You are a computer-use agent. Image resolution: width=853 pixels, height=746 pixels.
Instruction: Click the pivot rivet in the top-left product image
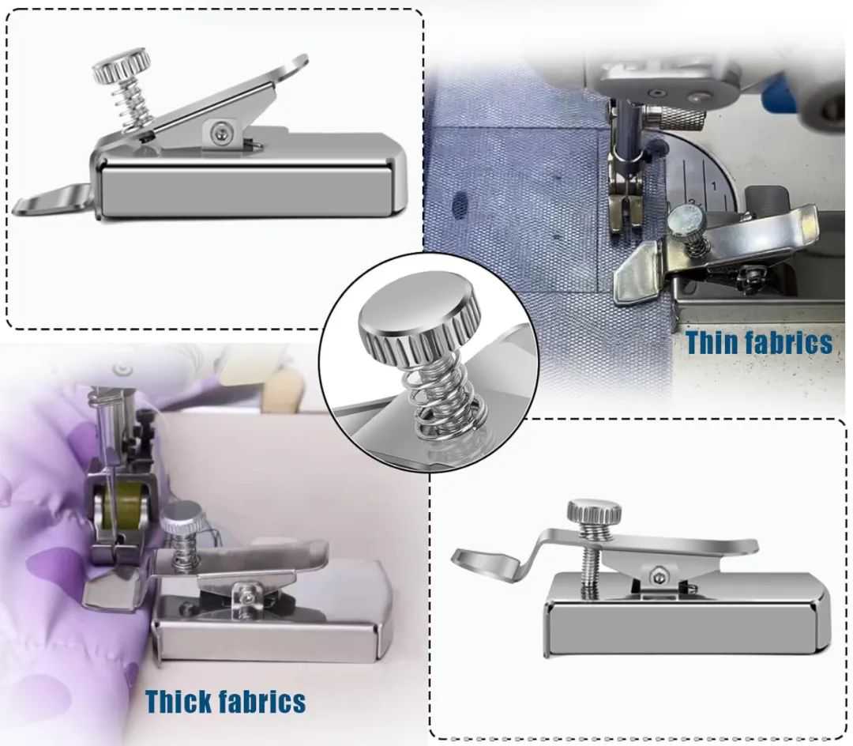click(220, 130)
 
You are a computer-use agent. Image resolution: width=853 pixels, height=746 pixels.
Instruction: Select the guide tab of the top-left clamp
click(51, 199)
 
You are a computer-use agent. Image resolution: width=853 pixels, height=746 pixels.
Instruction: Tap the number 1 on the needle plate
click(714, 186)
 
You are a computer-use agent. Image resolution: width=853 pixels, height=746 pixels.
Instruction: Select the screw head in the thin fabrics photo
click(683, 219)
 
